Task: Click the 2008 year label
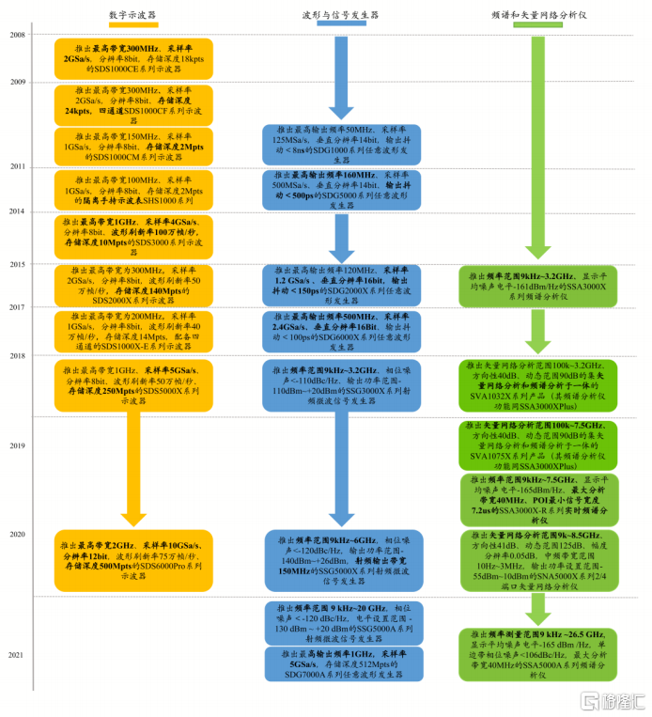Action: (17, 35)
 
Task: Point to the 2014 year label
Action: (17, 211)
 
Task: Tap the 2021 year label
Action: (17, 653)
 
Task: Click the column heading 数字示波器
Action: (132, 16)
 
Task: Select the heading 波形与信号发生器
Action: (341, 16)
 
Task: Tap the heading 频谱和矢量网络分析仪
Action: (538, 16)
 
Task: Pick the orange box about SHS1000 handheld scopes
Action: (132, 191)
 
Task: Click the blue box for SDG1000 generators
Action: (341, 144)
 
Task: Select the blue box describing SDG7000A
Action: (341, 663)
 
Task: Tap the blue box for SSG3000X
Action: (341, 383)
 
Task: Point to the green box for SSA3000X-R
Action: (538, 498)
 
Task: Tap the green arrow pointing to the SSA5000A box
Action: (538, 609)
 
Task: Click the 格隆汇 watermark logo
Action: (612, 701)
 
